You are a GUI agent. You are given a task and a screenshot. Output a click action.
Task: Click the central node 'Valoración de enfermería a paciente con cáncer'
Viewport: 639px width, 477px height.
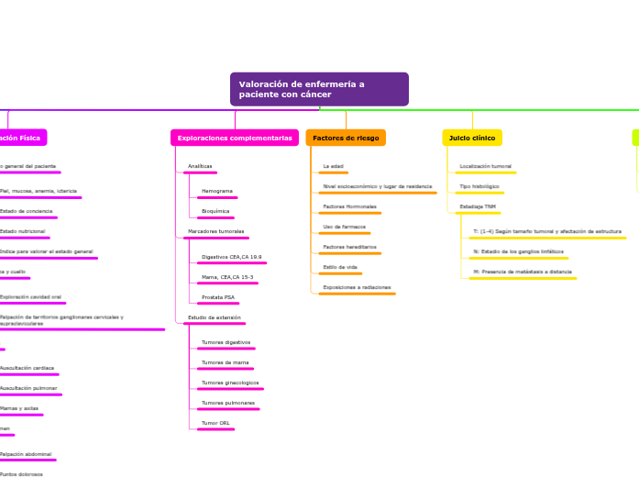coord(318,89)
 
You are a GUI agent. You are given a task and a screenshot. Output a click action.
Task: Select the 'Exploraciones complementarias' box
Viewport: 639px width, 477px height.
coord(235,138)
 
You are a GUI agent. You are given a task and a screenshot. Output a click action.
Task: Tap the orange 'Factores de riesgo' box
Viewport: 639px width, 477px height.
coord(346,138)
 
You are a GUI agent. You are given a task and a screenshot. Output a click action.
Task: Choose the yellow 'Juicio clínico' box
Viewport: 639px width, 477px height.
coord(472,138)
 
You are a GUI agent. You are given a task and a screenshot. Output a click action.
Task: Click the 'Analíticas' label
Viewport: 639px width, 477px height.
coord(200,167)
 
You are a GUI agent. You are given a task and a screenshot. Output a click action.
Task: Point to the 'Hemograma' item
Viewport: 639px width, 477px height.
coord(216,191)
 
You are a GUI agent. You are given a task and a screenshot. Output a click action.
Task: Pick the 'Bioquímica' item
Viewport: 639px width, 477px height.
coord(215,211)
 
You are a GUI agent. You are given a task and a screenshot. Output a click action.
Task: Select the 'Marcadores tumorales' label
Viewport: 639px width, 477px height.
coord(215,231)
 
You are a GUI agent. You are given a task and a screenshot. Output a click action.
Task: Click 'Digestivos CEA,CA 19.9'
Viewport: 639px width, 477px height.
coord(231,257)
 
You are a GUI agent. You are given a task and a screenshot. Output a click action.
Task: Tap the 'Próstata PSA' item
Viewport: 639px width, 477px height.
coord(217,297)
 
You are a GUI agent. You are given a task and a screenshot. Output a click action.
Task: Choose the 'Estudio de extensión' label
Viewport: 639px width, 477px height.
coord(214,317)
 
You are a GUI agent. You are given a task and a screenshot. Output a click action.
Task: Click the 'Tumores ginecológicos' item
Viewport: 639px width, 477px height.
coord(230,383)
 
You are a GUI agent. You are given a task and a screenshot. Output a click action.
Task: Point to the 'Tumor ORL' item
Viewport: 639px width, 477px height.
coord(215,423)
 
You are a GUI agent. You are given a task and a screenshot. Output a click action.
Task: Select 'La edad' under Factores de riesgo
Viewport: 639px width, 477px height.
coord(332,166)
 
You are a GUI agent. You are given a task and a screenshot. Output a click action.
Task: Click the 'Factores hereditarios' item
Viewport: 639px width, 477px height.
coord(349,247)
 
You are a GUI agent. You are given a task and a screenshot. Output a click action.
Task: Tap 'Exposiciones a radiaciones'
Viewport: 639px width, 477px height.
coord(357,287)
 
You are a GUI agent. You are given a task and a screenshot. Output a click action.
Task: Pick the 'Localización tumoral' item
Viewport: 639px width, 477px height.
coord(485,166)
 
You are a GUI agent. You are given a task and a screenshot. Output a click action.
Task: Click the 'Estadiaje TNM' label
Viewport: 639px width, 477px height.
coord(477,206)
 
